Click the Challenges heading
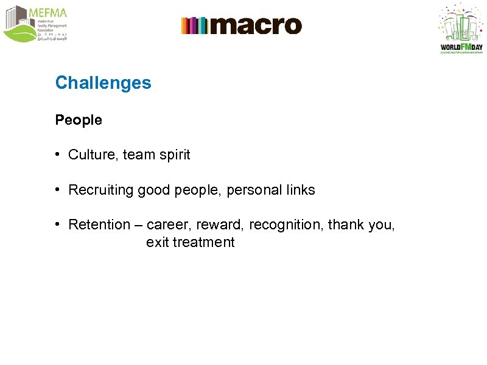pyautogui.click(x=103, y=83)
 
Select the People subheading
pyautogui.click(x=79, y=120)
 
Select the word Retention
pyautogui.click(x=99, y=225)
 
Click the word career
pyautogui.click(x=168, y=225)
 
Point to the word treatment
pyautogui.click(x=203, y=243)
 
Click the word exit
pyautogui.click(x=157, y=243)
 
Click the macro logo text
pyautogui.click(x=256, y=26)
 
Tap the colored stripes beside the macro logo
pyautogui.click(x=194, y=26)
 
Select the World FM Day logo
pyautogui.click(x=461, y=29)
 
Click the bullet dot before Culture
pyautogui.click(x=56, y=155)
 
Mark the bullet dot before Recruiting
pyautogui.click(x=56, y=190)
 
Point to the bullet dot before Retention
pyautogui.click(x=56, y=224)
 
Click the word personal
pyautogui.click(x=251, y=190)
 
